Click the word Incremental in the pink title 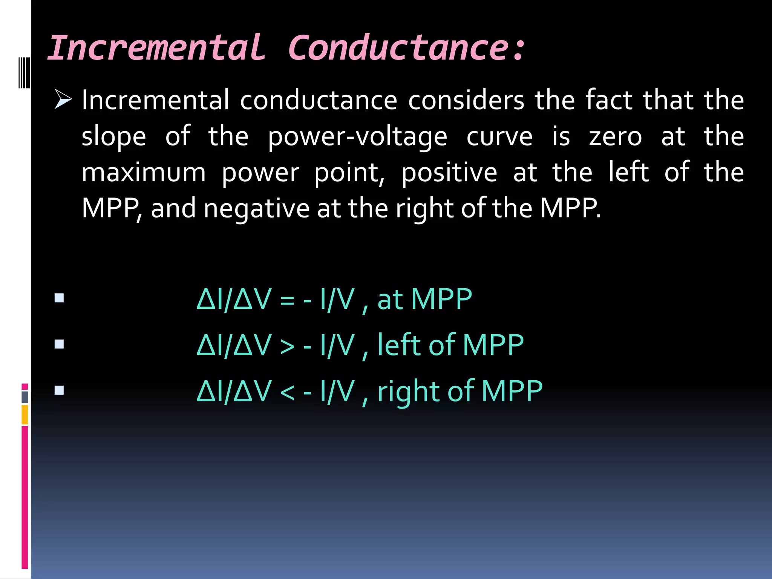(x=156, y=48)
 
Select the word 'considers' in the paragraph (x=466, y=100)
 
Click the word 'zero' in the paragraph (x=615, y=136)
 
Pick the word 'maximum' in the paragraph (x=144, y=173)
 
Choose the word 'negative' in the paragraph (x=256, y=209)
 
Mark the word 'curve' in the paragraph (x=499, y=136)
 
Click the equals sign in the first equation (x=287, y=300)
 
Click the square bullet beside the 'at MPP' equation (x=59, y=298)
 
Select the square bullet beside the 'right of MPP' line (x=59, y=390)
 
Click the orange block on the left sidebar (x=25, y=414)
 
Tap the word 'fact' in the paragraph (x=608, y=100)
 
